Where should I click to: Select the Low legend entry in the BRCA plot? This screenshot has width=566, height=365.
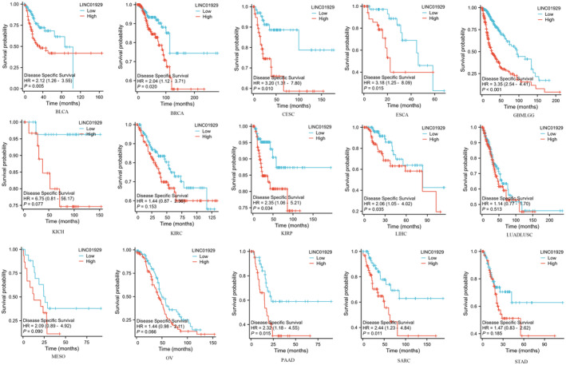207,15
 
